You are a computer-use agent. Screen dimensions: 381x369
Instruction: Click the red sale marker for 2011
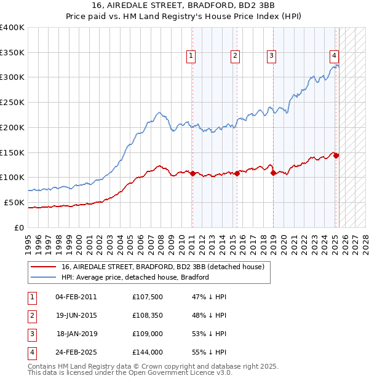[192, 173]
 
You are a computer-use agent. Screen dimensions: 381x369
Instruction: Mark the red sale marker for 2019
[273, 173]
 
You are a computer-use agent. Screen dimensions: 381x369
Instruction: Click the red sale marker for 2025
[336, 155]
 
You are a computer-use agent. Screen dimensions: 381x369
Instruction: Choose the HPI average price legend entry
[135, 277]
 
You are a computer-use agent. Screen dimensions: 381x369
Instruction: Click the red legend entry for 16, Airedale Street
[162, 267]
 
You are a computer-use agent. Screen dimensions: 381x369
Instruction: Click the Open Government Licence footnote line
[130, 372]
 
